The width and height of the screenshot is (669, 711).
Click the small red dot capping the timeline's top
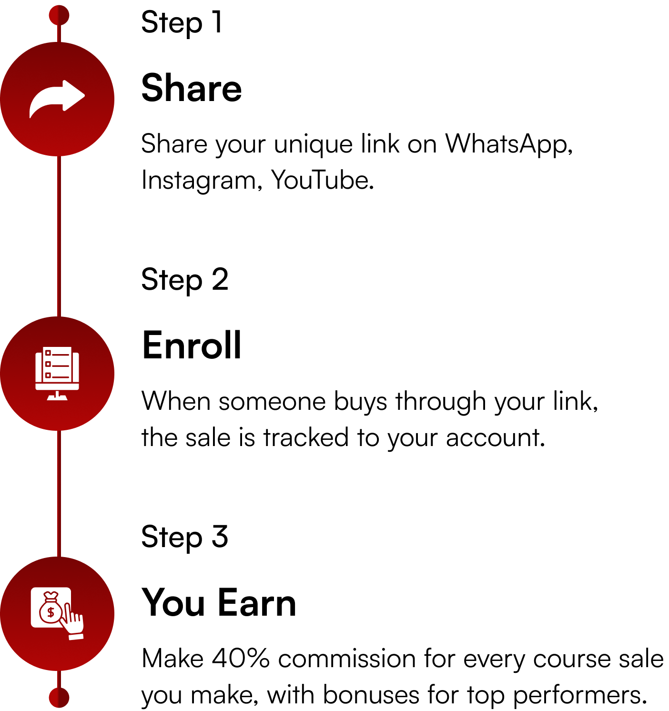(x=59, y=15)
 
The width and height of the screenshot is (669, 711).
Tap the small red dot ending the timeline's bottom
(x=59, y=698)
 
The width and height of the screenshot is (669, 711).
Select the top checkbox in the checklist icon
(x=48, y=353)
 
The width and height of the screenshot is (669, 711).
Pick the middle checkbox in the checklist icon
(x=48, y=364)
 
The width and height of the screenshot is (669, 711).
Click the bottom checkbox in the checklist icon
(x=48, y=376)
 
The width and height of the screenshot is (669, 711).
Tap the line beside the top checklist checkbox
(x=61, y=355)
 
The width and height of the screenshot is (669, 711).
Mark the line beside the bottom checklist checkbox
(x=61, y=377)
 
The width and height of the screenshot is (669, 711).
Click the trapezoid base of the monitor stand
(x=57, y=398)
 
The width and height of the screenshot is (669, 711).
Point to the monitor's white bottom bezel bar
(x=57, y=386)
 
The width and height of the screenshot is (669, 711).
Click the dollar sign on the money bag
(x=51, y=612)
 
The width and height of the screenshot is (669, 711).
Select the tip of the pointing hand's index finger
(x=68, y=606)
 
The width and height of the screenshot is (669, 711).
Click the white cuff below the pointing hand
(x=76, y=637)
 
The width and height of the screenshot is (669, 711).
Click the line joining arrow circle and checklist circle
(x=59, y=236)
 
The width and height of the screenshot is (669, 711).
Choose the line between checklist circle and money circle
(x=59, y=493)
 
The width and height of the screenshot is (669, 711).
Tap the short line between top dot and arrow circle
(x=59, y=33)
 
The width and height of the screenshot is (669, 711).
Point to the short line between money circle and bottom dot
(x=59, y=679)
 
